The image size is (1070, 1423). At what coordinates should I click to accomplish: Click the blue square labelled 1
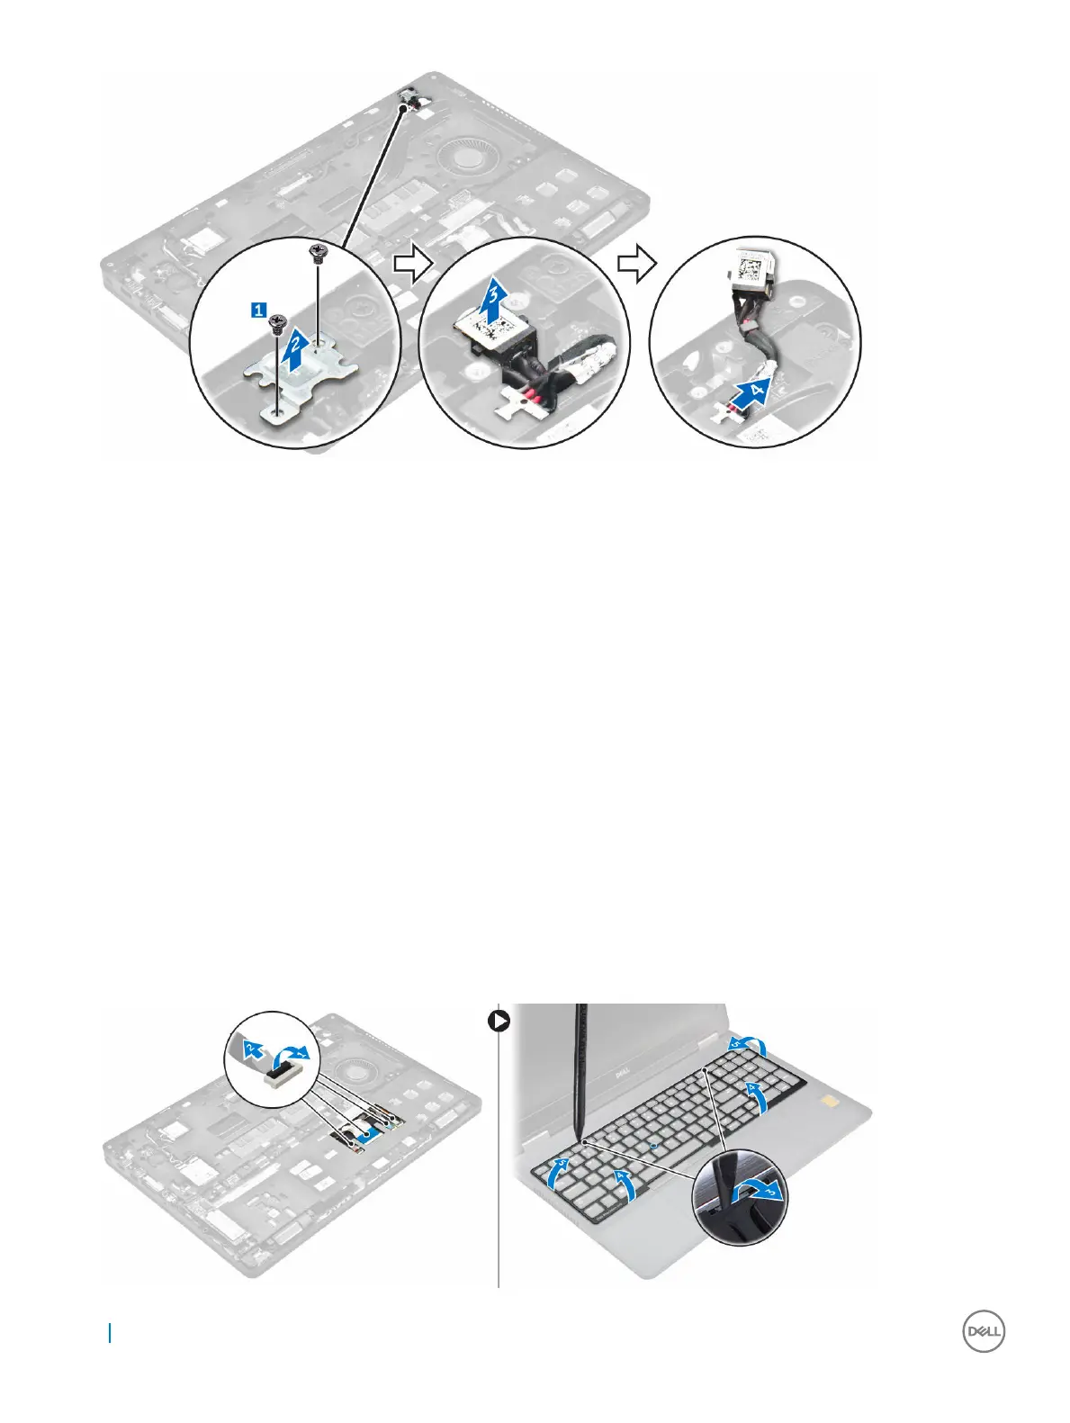[x=258, y=311]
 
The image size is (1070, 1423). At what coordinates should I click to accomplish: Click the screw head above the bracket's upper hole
[x=316, y=254]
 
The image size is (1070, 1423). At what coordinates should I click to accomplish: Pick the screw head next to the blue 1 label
[x=279, y=321]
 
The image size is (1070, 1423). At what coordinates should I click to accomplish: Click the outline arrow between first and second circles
[x=410, y=263]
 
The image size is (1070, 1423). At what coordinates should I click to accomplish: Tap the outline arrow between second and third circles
[x=635, y=263]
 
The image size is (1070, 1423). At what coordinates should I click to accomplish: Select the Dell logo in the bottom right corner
[x=984, y=1333]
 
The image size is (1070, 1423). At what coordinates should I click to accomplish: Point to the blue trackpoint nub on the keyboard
[x=656, y=1146]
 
